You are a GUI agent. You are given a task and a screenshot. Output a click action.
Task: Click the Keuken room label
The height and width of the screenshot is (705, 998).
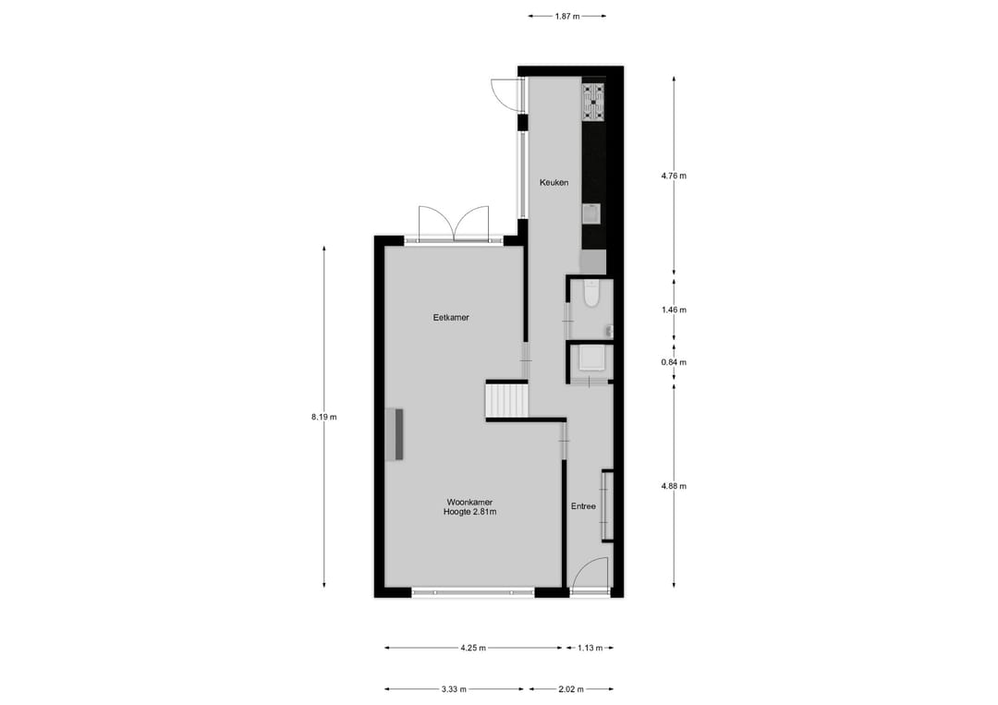[x=554, y=182]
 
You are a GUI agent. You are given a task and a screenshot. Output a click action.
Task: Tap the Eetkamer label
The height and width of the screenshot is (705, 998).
[x=451, y=318]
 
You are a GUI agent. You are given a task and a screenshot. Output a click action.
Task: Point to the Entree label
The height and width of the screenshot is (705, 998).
[x=583, y=506]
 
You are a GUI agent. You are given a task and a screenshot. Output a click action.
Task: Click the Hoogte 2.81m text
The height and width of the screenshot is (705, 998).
[x=469, y=513]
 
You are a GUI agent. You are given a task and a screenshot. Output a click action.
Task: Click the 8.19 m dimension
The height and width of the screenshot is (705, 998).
[x=324, y=417]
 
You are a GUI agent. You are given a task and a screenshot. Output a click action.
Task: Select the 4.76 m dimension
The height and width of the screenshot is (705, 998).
[x=675, y=176]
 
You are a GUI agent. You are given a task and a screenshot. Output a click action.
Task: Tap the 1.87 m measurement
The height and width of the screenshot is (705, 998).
[x=567, y=16]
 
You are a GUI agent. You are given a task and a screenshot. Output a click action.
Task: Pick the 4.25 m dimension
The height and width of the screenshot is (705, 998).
[x=473, y=649]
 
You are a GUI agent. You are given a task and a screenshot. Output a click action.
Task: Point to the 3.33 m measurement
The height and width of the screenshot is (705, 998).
[x=453, y=689]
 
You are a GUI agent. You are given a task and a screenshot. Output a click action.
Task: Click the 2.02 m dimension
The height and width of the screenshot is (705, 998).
[x=569, y=689]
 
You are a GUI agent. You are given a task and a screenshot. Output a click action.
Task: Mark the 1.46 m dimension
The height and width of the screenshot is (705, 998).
[x=675, y=310]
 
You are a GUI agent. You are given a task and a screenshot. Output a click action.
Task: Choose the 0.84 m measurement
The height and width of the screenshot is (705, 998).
[x=675, y=362]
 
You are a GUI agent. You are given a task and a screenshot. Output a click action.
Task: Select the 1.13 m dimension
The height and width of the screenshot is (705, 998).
[x=590, y=649]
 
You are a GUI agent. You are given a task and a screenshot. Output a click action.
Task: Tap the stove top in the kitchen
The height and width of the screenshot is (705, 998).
[x=593, y=102]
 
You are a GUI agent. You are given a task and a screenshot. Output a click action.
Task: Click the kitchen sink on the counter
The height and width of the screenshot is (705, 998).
[x=591, y=214]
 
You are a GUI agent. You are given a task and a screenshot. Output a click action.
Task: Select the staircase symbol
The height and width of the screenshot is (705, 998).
[x=506, y=401]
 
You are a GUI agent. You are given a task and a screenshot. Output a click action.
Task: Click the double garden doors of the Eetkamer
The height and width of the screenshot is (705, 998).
[x=454, y=225]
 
